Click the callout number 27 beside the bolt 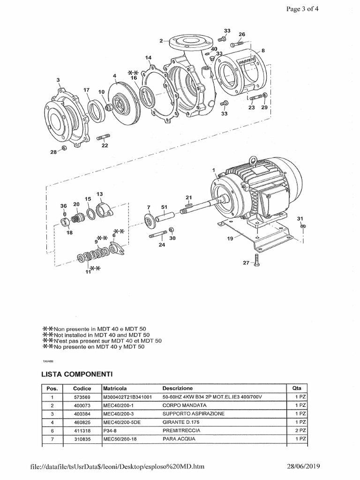point(246,263)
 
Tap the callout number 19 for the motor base point(230,238)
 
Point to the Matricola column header point(114,389)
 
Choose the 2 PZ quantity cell point(300,430)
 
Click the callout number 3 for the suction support point(58,80)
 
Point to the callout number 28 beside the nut point(53,152)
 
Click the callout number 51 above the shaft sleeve point(164,206)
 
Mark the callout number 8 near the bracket point(263,50)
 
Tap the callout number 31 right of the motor point(300,218)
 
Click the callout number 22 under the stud point(105,145)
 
